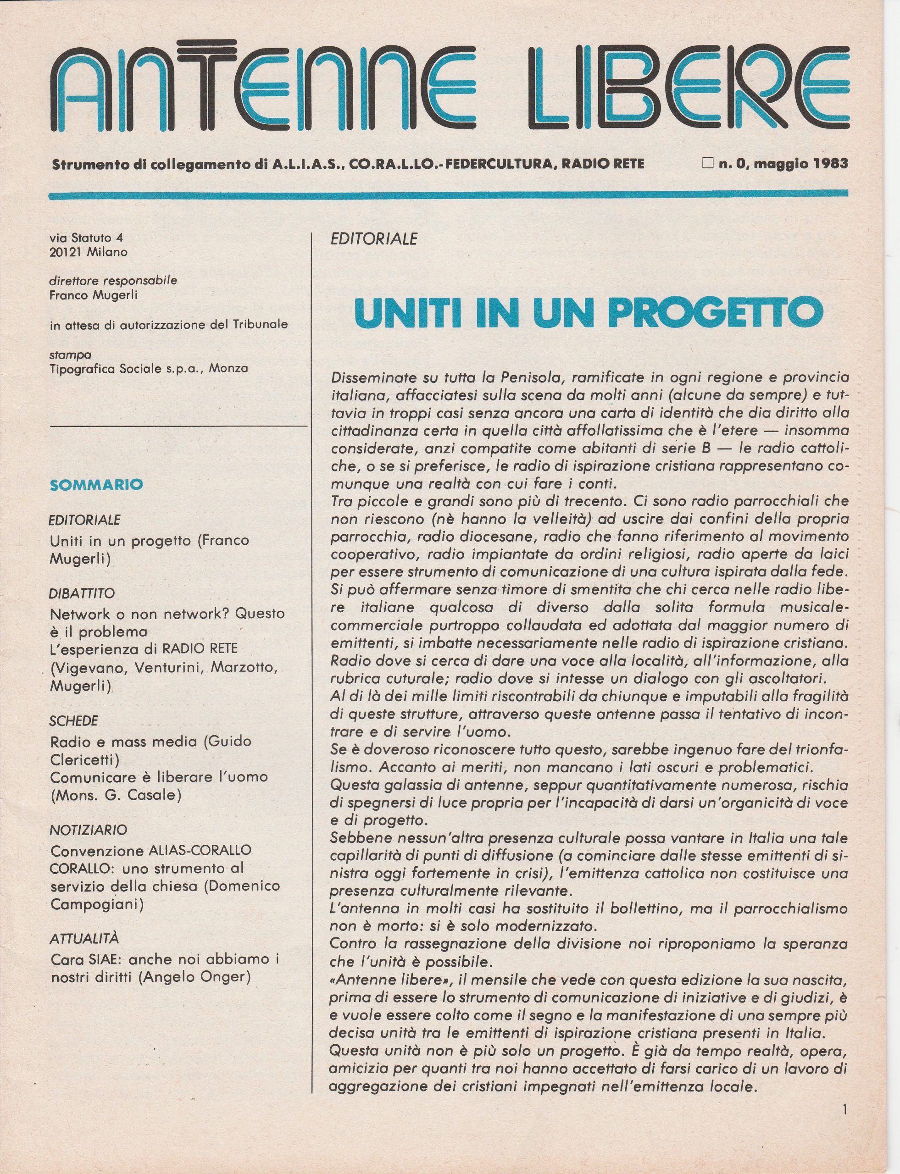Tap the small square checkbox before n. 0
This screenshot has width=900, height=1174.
coord(708,163)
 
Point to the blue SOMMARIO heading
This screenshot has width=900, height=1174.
coord(96,485)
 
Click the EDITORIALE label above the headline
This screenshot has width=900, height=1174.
coord(374,239)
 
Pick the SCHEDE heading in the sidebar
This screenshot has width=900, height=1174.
coord(74,721)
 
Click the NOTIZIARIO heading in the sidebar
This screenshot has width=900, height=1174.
coord(89,830)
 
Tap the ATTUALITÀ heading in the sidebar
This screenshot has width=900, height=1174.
coord(84,938)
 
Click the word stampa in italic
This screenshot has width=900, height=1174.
coord(70,354)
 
